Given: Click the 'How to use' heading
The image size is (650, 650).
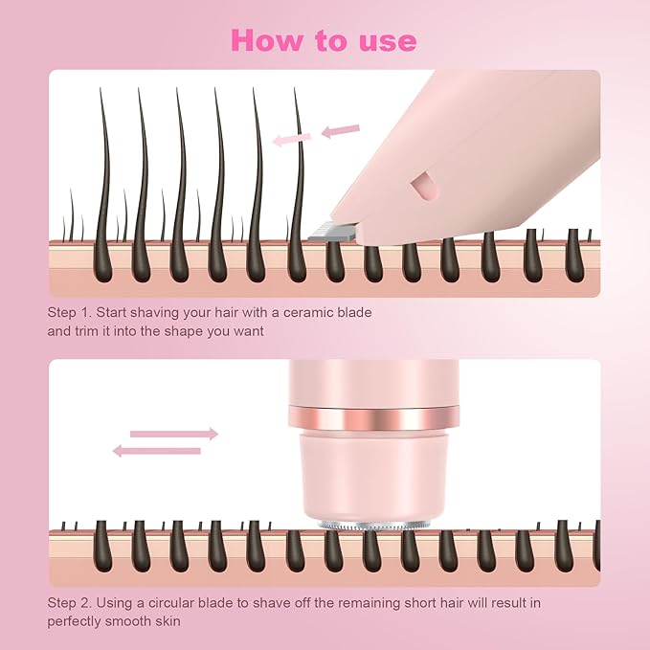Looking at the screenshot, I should point(324,40).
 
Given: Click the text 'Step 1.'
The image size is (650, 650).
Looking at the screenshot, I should point(69,312).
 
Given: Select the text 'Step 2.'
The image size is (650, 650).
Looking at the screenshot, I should point(69,603).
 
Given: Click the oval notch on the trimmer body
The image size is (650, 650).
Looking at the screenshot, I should point(419,185).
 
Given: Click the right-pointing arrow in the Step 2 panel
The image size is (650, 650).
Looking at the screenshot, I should point(173,434).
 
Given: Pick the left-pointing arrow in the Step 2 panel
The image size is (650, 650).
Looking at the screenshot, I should point(157,450).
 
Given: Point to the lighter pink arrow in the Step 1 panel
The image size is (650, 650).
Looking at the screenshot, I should point(291,139).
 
